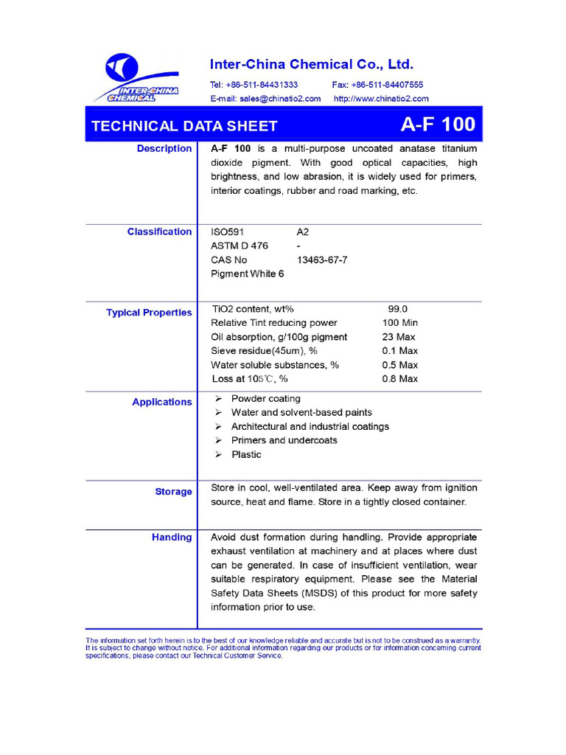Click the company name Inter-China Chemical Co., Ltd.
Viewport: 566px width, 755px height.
point(312,64)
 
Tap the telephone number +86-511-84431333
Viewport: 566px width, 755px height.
point(254,85)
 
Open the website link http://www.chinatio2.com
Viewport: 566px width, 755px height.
point(381,98)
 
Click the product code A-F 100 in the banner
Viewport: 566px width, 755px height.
point(438,125)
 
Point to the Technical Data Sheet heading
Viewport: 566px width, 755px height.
point(184,126)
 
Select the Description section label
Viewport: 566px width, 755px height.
point(164,149)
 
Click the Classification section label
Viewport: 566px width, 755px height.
point(159,232)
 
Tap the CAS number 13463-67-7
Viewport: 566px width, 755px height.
point(322,260)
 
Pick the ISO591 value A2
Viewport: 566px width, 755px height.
point(303,232)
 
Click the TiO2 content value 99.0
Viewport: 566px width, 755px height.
point(398,310)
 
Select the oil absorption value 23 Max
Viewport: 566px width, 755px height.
point(399,337)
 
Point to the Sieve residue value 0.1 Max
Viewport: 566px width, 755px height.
point(399,351)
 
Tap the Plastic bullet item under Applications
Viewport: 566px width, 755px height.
point(246,454)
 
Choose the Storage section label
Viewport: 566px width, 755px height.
point(173,492)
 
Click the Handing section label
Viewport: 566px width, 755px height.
point(172,537)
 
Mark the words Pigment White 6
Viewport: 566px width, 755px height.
point(248,274)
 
